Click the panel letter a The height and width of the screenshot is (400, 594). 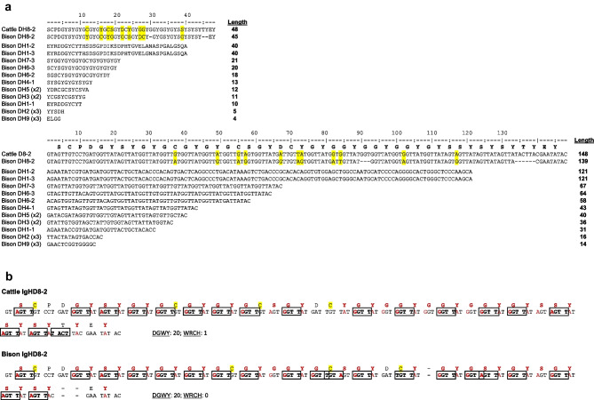[x=7, y=6]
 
